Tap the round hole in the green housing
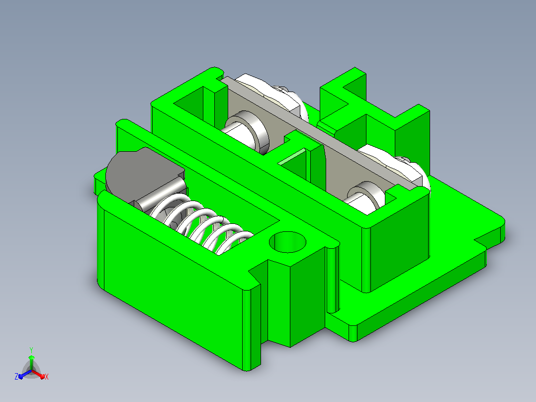click(x=287, y=242)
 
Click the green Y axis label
click(x=31, y=350)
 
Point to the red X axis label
click(x=47, y=377)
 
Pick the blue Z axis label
click(x=16, y=376)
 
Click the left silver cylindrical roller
click(x=246, y=132)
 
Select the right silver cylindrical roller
click(x=364, y=199)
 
